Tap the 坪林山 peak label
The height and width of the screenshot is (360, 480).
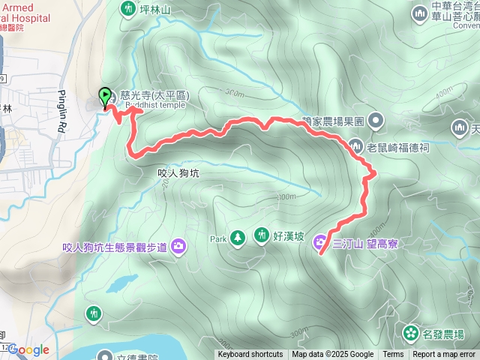156,9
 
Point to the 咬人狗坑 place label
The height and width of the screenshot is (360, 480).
181,172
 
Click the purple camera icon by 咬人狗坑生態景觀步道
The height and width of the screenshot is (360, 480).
178,245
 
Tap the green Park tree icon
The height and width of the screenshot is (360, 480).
238,238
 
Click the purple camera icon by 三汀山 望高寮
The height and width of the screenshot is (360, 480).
321,242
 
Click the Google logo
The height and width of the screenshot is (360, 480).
29,349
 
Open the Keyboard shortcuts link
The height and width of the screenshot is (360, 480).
250,355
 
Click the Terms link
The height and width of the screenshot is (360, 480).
393,355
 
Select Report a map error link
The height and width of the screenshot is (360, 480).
445,355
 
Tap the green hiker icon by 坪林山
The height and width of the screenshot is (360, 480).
127,8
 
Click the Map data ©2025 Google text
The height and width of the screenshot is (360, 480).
333,355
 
